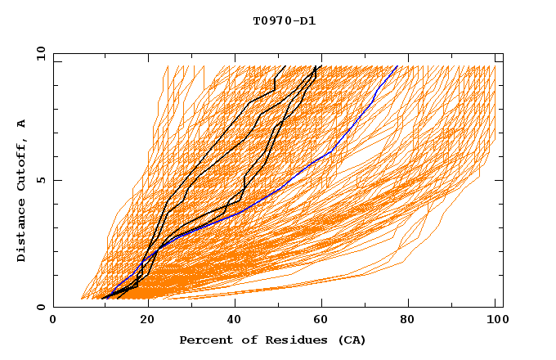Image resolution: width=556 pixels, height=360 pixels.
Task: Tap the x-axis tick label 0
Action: click(x=54, y=322)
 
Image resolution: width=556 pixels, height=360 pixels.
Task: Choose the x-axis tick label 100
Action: click(x=495, y=322)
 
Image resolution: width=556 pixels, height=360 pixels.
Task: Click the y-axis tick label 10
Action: click(x=40, y=53)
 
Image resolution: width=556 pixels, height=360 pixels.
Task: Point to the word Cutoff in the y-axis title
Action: click(x=21, y=168)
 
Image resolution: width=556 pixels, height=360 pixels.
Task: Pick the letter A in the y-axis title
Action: click(x=21, y=123)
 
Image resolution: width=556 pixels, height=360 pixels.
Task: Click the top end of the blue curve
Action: click(x=397, y=66)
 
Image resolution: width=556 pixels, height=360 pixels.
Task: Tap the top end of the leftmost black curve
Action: click(x=285, y=66)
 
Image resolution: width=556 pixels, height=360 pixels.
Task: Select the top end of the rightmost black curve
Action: click(x=321, y=66)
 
